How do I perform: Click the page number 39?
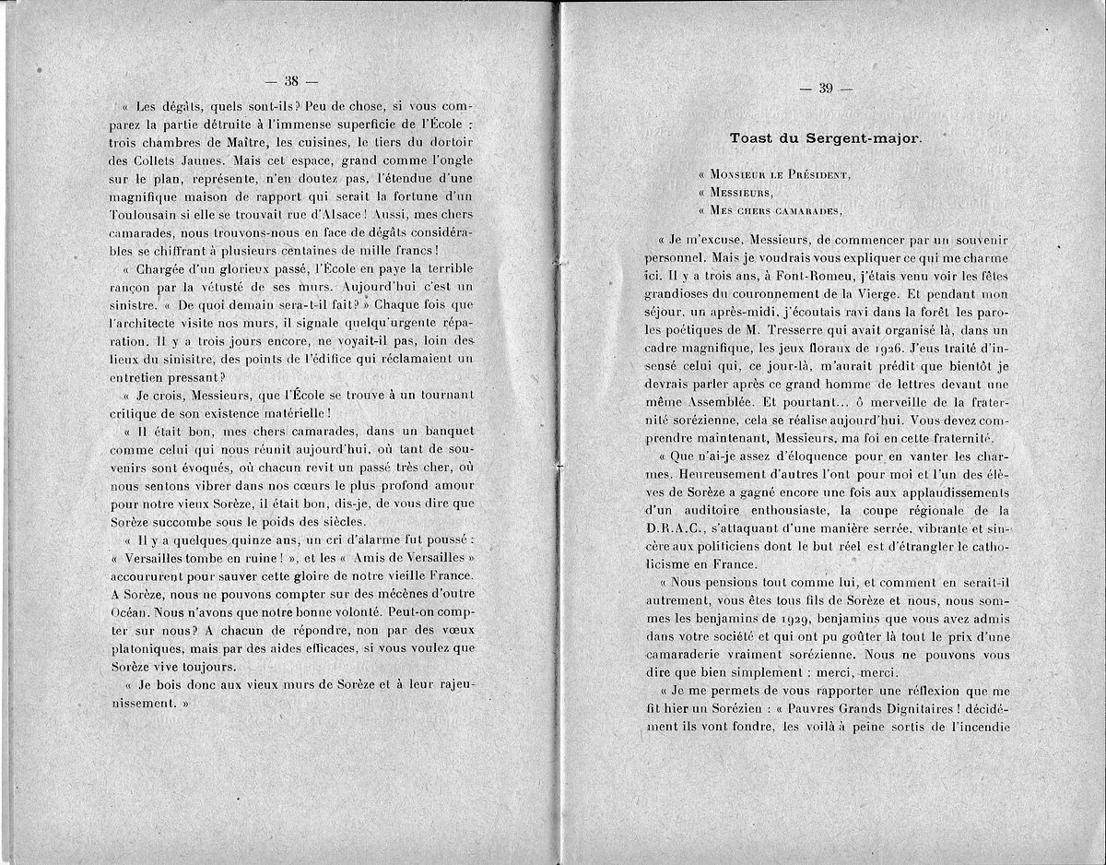pyautogui.click(x=825, y=89)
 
